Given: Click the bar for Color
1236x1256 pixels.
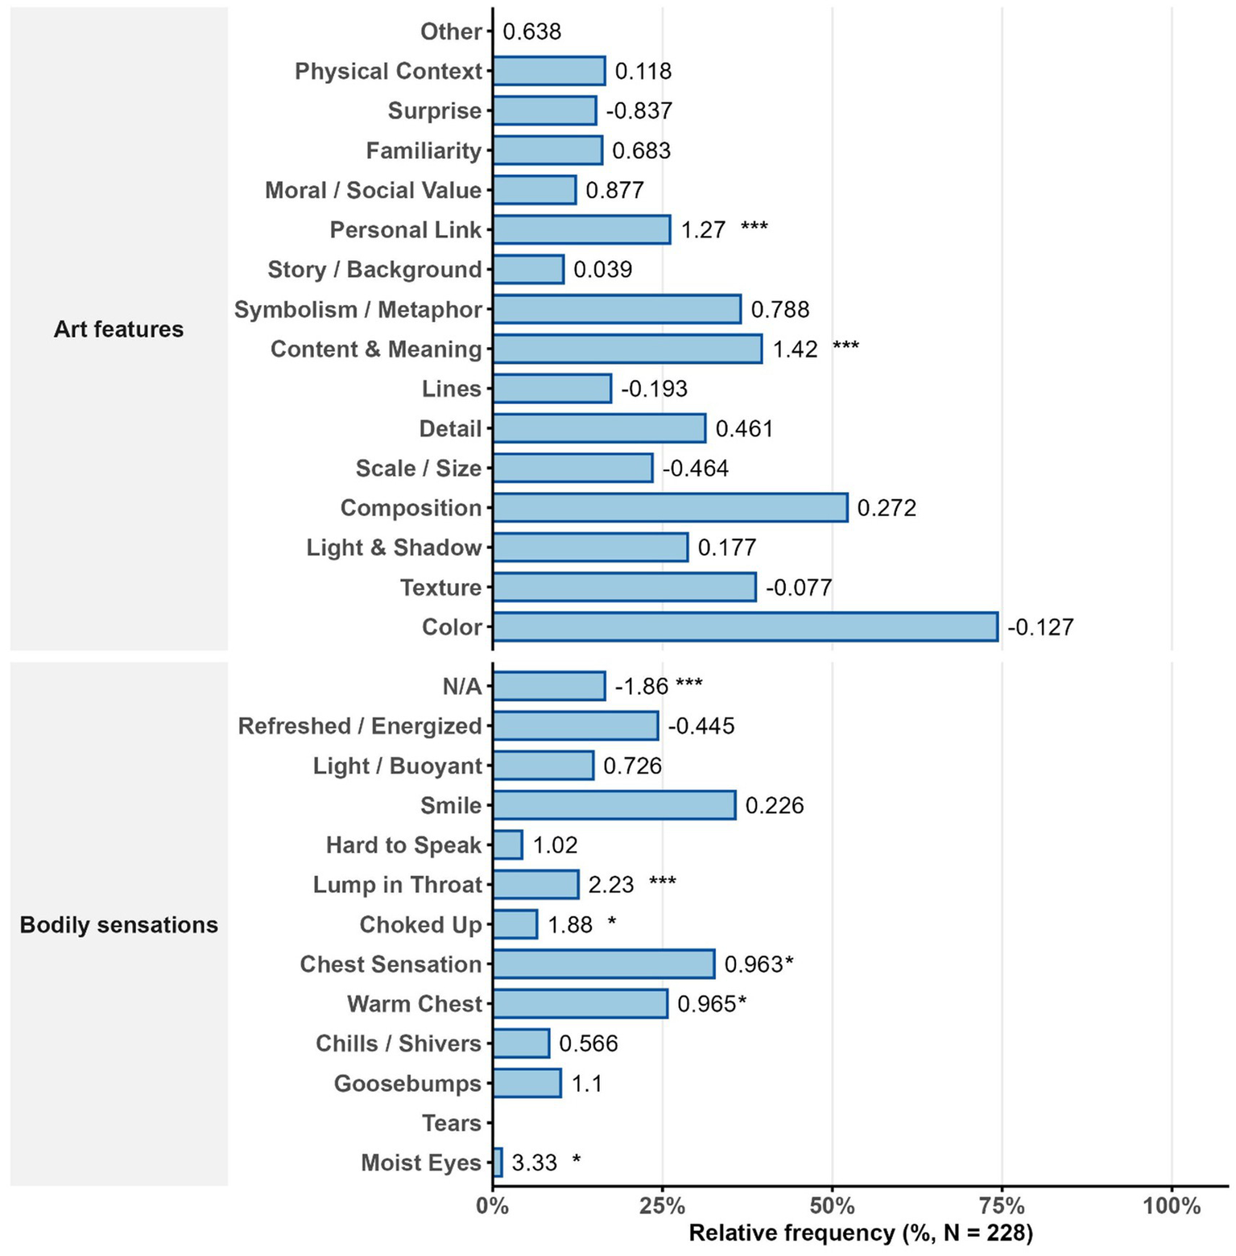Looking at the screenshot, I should click(745, 627).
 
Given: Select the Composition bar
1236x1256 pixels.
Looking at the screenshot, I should click(670, 508).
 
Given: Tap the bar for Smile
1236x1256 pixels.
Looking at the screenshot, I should click(614, 805).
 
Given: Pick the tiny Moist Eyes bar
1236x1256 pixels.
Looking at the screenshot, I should click(498, 1163).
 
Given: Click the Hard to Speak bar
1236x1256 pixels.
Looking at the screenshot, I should click(508, 845).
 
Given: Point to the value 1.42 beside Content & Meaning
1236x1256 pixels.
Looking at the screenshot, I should click(795, 349).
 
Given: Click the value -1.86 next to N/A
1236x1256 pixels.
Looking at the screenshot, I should click(641, 686).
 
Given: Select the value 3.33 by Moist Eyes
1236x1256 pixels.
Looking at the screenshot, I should click(535, 1163).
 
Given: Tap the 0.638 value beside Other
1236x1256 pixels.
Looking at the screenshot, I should click(531, 31).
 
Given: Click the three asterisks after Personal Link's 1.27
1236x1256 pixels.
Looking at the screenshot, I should click(754, 228).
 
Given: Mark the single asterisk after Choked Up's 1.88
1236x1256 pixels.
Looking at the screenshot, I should click(612, 923).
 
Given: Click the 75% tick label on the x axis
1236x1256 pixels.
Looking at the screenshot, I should click(1002, 1206).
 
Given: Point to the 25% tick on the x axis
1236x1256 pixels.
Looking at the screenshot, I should click(662, 1206).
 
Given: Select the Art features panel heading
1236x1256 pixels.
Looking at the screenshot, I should click(118, 329).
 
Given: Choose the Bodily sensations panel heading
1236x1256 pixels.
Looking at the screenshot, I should click(118, 925).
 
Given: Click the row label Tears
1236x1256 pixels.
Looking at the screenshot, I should click(451, 1123).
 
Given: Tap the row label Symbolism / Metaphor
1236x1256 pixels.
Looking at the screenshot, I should click(358, 310).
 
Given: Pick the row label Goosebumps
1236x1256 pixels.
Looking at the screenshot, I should click(407, 1084).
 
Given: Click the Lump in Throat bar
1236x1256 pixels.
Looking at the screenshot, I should click(535, 885).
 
